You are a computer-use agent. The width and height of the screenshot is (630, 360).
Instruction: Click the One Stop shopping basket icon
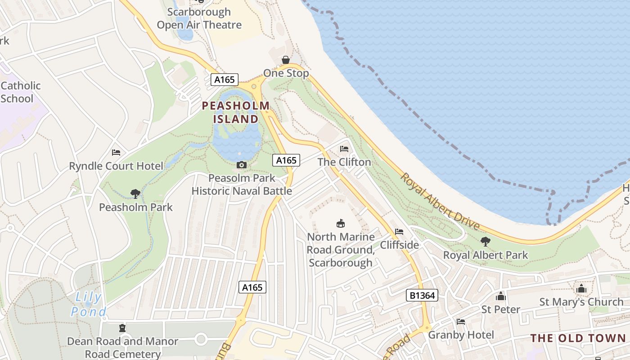286,60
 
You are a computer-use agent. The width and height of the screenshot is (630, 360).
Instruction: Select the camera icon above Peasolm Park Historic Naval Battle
242,165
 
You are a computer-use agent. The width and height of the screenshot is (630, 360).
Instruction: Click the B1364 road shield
422,295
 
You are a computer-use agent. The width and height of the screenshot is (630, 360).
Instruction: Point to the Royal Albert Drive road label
440,201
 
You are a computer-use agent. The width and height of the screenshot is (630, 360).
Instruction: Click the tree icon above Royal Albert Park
485,242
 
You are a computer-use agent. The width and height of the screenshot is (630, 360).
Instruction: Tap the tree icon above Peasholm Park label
135,194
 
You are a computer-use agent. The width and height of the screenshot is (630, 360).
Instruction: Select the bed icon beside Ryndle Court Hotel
116,153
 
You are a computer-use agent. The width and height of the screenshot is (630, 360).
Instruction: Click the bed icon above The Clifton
344,149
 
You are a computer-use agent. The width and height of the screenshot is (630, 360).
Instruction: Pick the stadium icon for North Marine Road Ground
341,223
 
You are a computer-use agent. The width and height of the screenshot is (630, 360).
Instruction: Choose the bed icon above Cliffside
399,232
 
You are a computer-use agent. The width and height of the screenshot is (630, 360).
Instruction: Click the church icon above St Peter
500,296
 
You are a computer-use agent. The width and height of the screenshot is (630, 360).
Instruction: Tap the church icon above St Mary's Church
581,288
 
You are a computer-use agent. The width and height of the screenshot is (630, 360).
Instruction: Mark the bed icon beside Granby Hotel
461,322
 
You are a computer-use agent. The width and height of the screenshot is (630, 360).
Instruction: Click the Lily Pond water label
89,304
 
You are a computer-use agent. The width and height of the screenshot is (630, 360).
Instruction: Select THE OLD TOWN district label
578,338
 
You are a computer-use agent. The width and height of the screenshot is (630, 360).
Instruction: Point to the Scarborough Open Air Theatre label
199,18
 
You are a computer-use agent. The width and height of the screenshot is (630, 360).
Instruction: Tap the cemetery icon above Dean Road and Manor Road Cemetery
122,328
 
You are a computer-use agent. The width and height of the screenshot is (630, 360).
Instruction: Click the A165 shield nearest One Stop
225,80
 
